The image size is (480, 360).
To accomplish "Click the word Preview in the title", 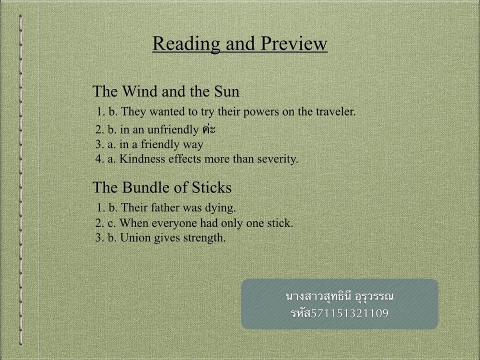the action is [294, 43].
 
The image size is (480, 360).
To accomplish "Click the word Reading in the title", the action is [186, 44].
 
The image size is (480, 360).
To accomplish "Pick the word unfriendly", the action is [173, 130].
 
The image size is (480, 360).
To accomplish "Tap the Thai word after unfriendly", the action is [209, 129].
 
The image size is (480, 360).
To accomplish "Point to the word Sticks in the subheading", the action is [211, 187].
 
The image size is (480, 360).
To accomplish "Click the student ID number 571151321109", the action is [349, 313].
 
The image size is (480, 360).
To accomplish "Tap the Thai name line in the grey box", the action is [339, 296].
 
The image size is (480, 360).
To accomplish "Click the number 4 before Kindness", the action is [98, 158].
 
